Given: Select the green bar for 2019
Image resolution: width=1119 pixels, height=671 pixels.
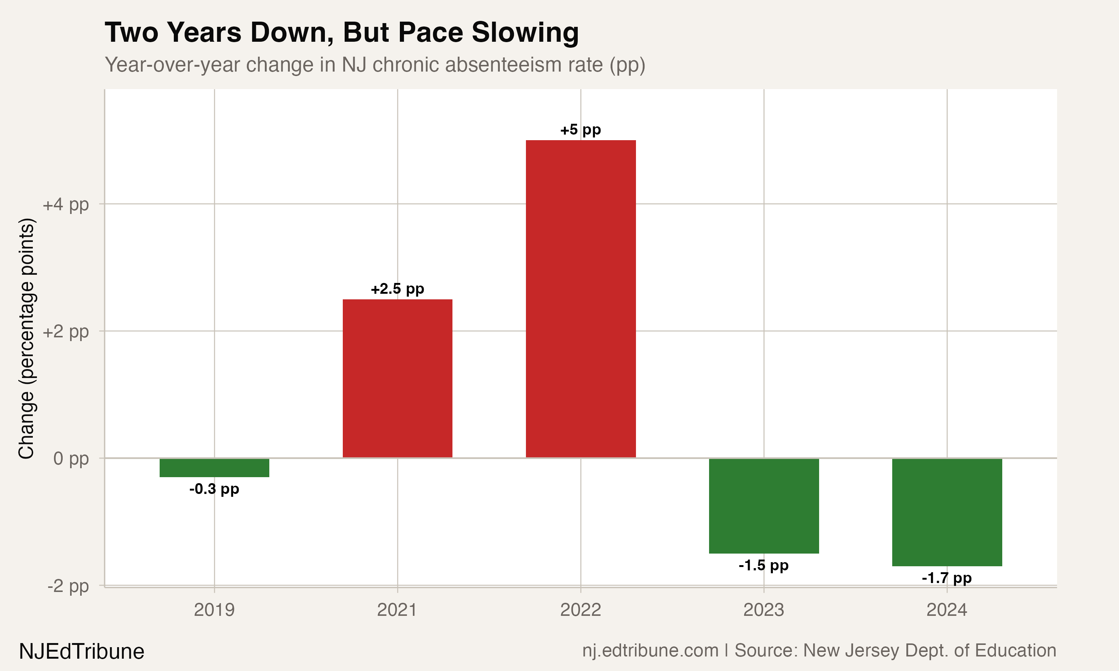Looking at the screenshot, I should point(214,467).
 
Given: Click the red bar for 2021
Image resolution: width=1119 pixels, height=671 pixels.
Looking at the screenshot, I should point(398,378).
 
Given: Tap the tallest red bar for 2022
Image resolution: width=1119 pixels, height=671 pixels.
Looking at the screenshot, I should point(581,299).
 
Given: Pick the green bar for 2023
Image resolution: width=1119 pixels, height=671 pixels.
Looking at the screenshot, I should point(764,505).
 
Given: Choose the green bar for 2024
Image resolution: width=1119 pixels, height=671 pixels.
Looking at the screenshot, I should point(947,512).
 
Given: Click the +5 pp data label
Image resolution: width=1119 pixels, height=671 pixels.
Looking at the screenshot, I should point(581,130).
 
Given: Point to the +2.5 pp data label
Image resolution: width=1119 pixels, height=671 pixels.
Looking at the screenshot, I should point(398,289).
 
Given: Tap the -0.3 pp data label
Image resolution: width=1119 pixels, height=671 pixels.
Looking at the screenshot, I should point(214,489).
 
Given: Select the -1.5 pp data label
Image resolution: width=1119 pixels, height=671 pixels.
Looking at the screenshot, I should point(764,566).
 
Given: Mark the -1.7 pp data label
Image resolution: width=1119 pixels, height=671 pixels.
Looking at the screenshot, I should point(947,578).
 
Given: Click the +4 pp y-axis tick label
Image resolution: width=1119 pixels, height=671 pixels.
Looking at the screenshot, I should point(66,205).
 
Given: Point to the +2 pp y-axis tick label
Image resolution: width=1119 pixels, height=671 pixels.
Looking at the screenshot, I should point(66,332).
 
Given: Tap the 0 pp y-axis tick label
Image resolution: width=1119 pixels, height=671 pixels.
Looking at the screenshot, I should point(71,459).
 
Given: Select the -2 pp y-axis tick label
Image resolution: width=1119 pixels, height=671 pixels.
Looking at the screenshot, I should point(68,586).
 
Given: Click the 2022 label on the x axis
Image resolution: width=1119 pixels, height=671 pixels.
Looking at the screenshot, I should point(581,610).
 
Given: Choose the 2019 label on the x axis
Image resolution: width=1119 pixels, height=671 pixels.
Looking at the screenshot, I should point(214,610).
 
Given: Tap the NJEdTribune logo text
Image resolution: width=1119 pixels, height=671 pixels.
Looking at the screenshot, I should point(82,652).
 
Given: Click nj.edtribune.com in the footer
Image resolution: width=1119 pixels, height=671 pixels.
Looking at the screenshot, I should point(651,650).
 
